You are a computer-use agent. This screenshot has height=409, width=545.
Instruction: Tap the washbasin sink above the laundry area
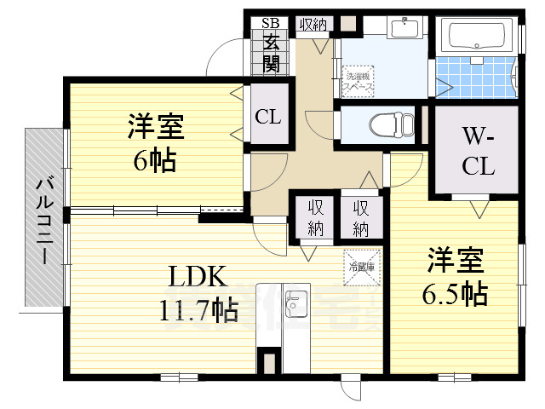coord(403,29)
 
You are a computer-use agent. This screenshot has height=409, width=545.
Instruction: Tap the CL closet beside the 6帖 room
coord(268,117)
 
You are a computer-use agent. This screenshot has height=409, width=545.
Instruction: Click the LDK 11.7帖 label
coord(197,292)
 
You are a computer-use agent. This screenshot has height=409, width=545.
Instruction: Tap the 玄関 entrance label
coord(271,52)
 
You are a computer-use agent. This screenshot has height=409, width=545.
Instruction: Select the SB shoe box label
coord(270,24)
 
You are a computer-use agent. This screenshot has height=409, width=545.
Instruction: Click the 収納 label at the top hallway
coord(313,24)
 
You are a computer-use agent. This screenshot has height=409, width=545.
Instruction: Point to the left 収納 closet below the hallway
coord(315,217)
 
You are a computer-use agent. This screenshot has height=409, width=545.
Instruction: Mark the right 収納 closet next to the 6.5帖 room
coord(361,217)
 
